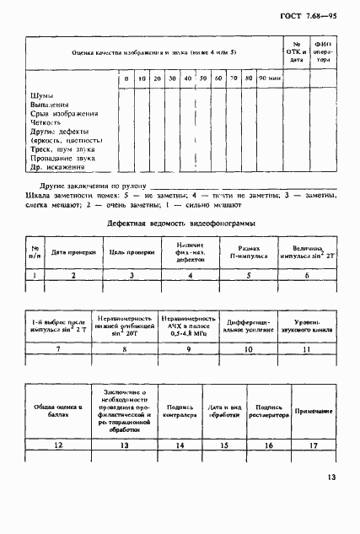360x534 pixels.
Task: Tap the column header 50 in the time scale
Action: point(202,78)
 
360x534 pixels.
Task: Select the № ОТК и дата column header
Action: point(297,51)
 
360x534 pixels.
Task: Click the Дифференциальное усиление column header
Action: point(249,326)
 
